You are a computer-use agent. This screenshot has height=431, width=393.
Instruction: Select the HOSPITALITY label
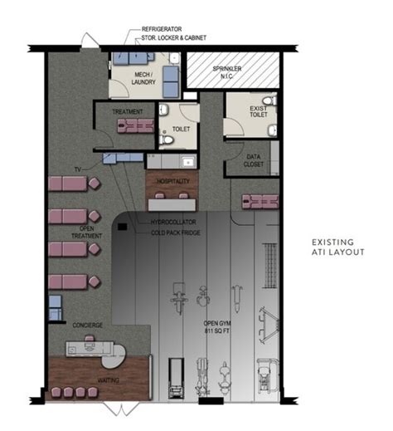pyautogui.click(x=170, y=181)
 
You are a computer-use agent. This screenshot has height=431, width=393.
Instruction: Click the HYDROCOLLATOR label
pyautogui.click(x=172, y=223)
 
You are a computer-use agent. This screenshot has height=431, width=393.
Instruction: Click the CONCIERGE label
pyautogui.click(x=87, y=325)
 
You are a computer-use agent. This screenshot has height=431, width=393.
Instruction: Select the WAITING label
pyautogui.click(x=109, y=380)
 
